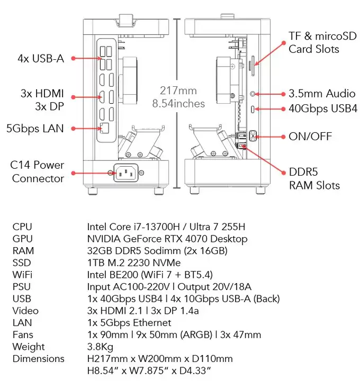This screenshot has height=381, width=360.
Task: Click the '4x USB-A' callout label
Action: tap(41, 58)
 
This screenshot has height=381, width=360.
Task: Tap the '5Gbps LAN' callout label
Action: tap(35, 128)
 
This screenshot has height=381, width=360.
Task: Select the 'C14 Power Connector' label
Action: tap(38, 171)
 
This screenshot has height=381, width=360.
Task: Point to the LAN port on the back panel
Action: tap(104, 128)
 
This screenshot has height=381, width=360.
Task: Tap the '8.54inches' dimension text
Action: tap(178, 104)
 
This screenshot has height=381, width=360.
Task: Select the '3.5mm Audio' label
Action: tap(322, 94)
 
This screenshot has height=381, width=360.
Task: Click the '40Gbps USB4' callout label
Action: tap(323, 108)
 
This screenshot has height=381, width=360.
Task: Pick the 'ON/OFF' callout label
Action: tap(310, 137)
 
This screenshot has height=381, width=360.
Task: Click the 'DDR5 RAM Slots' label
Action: tap(314, 178)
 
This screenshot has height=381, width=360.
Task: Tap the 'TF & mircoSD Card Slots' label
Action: tap(314, 42)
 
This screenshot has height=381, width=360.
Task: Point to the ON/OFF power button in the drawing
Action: tap(253, 135)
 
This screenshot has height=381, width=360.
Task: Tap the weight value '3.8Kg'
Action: tap(100, 347)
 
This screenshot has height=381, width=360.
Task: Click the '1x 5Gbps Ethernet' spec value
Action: tap(129, 322)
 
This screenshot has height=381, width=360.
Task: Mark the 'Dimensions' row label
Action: tap(38, 358)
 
